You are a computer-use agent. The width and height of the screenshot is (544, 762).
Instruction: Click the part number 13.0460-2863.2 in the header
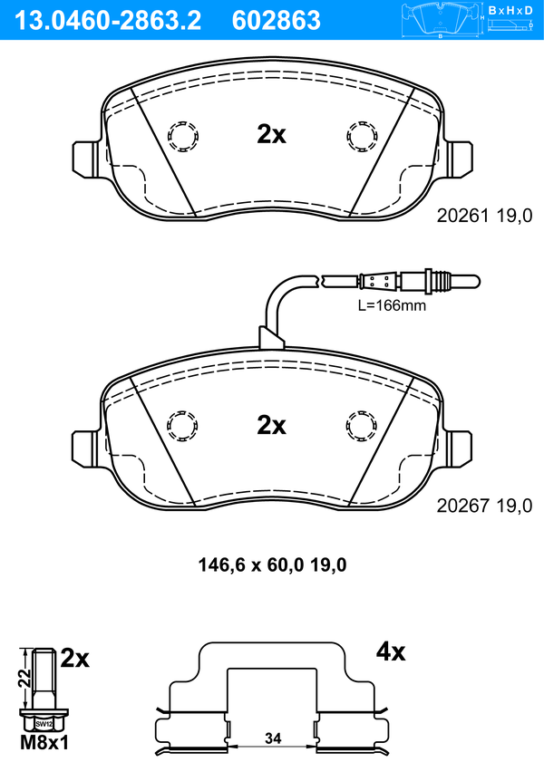click(x=108, y=21)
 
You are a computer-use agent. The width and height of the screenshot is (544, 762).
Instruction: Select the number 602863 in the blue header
click(x=277, y=21)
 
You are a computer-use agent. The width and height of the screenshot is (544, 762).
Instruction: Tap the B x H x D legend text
click(x=510, y=10)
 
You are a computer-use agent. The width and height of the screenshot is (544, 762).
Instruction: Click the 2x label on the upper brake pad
click(x=272, y=135)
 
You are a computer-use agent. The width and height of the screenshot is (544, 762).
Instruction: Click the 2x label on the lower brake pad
click(x=272, y=425)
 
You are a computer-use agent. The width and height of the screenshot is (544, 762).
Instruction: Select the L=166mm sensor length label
click(x=392, y=305)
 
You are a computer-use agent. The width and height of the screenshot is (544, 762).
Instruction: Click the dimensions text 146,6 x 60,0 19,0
click(x=272, y=565)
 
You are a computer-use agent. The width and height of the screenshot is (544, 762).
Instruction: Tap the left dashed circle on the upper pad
click(x=183, y=136)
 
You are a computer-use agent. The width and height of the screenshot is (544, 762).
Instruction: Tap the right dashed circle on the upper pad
click(x=362, y=136)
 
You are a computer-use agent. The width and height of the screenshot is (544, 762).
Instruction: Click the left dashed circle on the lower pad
click(x=183, y=427)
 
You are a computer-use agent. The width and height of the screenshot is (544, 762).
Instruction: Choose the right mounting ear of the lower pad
click(x=458, y=449)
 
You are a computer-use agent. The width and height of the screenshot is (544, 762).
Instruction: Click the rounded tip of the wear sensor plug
click(x=475, y=282)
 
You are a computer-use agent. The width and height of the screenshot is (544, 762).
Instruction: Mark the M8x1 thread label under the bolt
click(x=44, y=743)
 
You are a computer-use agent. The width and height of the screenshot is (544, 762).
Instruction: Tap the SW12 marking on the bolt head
click(x=44, y=724)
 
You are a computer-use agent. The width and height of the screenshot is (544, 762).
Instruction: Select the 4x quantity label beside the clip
click(x=391, y=652)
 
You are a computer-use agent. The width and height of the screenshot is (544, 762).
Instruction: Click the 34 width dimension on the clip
click(x=273, y=738)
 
